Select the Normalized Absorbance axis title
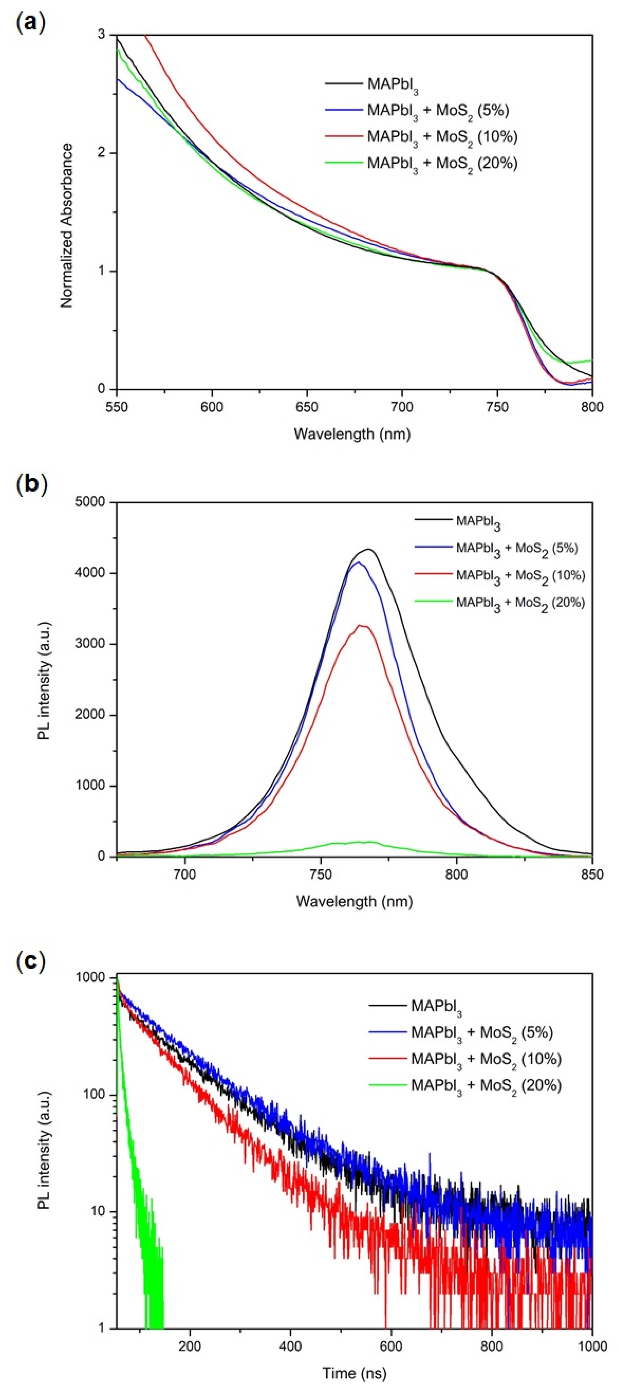(67, 226)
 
